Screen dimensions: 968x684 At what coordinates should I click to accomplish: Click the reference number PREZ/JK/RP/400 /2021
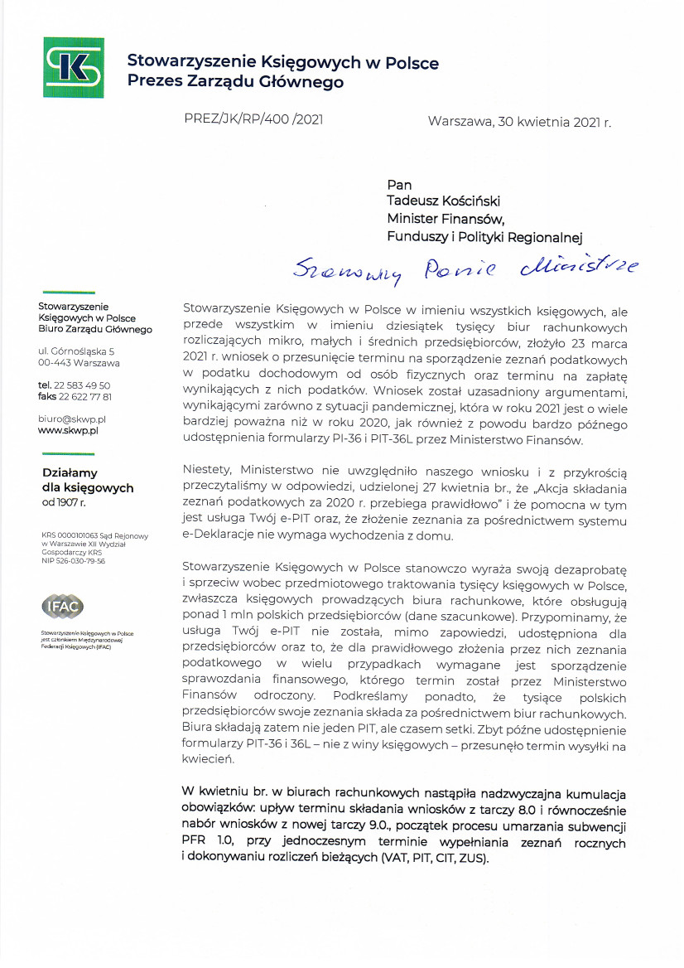253,119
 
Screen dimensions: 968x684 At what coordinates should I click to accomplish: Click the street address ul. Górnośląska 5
76,351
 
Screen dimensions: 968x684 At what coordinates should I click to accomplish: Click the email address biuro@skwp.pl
72,419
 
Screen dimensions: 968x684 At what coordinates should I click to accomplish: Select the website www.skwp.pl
69,431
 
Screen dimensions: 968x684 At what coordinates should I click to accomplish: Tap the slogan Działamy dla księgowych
88,481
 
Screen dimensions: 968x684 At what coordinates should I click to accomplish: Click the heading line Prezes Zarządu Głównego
235,82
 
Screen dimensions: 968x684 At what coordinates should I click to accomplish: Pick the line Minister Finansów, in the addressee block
446,219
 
